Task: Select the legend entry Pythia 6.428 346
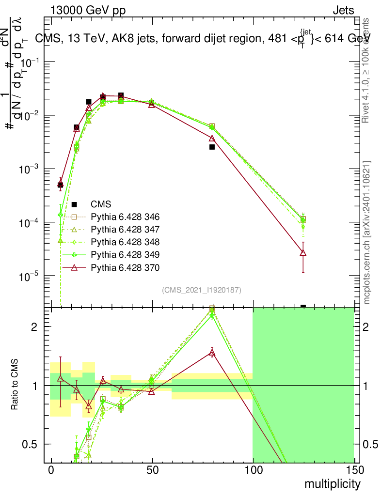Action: [x=125, y=217]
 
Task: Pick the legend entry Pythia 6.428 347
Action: [x=125, y=229]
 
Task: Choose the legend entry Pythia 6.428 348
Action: [x=125, y=242]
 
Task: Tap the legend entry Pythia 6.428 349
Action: [x=125, y=254]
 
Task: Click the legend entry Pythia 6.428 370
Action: [x=125, y=267]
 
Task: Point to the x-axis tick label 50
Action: [x=152, y=470]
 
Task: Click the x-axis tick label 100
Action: [x=253, y=470]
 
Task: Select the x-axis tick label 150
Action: [x=354, y=470]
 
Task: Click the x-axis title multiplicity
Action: [x=332, y=484]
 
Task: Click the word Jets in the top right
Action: [x=343, y=11]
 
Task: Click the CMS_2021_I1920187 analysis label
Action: [x=201, y=290]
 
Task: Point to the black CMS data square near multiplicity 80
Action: [x=212, y=147]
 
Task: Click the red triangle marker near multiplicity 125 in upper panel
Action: [x=303, y=252]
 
